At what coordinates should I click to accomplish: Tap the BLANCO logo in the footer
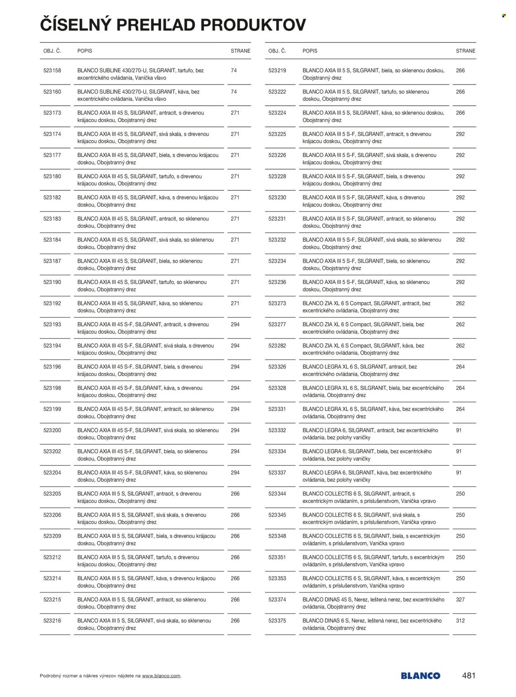point(420,676)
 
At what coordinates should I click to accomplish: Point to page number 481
point(469,676)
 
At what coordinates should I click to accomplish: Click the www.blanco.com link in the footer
point(161,676)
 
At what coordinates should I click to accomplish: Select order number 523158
point(52,71)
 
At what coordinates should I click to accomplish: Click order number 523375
point(277,621)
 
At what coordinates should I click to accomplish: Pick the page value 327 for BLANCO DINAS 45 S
point(460,600)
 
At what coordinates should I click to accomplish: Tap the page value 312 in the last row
point(460,621)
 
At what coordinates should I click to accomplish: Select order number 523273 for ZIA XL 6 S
point(277,303)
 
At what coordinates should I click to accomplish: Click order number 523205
point(52,494)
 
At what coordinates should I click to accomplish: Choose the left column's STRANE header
point(240,51)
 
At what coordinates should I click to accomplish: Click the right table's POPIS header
point(310,51)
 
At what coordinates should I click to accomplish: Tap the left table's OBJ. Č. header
point(52,51)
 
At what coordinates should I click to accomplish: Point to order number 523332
point(277,430)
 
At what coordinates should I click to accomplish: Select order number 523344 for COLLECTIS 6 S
point(277,494)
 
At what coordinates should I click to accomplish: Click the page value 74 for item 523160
point(234,92)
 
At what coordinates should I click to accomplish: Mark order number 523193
point(52,325)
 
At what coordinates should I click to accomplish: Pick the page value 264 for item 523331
point(460,409)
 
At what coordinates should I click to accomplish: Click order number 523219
point(277,71)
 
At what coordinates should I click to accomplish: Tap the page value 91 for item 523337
point(459,473)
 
